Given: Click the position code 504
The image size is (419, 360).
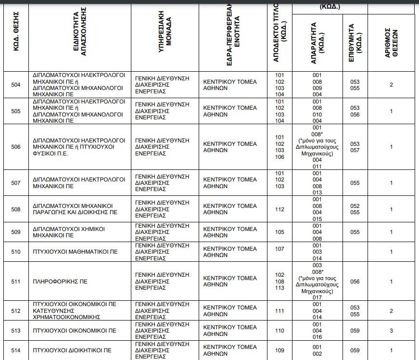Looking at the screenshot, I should [16, 85].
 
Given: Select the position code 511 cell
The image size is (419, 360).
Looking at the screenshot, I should [16, 282].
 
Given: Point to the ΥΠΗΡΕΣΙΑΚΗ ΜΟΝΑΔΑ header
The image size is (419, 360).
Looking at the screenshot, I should [165, 34].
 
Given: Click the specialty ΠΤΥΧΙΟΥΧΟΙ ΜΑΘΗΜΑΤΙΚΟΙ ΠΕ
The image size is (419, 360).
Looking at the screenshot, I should [75, 252].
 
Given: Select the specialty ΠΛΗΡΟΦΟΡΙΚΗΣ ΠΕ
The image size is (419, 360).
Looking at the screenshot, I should [53, 282].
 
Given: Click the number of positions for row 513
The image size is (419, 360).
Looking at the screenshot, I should [391, 331].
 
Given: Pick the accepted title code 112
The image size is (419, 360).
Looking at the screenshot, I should [279, 209].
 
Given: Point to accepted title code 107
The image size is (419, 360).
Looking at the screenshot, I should [279, 249].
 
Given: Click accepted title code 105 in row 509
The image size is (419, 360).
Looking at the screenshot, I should [279, 232].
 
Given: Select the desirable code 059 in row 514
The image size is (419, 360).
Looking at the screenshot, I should [355, 350].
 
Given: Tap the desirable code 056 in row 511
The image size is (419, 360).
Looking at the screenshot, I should [355, 282].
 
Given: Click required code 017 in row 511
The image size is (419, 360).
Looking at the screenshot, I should [317, 297].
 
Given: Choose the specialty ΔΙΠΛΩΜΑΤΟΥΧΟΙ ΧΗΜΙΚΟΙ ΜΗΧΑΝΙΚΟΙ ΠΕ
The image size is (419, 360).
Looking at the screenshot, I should [69, 232].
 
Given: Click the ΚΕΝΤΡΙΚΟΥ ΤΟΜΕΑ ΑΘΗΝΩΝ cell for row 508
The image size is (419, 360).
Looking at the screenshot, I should [229, 209].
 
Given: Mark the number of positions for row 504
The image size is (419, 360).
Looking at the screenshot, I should [391, 85].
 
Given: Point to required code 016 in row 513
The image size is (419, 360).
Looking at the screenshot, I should [317, 337].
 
